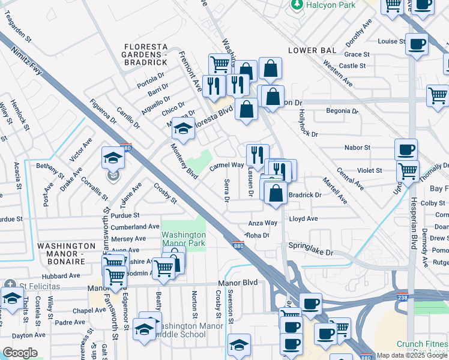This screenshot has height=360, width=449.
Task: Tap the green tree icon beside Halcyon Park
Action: click(x=296, y=5)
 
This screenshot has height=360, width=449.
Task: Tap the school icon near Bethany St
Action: click(x=112, y=158)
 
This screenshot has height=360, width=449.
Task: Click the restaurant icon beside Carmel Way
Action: click(x=257, y=154)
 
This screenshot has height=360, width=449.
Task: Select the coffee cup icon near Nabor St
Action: click(x=406, y=149)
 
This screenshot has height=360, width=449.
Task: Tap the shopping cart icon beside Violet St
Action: click(x=408, y=171)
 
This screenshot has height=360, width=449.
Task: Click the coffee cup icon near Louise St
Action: click(x=417, y=43)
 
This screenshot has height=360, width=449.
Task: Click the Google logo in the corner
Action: click(x=20, y=352)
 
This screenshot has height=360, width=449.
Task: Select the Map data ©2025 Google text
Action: click(x=412, y=355)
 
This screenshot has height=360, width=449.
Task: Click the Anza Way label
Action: click(x=263, y=223)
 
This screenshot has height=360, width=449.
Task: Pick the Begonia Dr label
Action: click(x=342, y=111)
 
